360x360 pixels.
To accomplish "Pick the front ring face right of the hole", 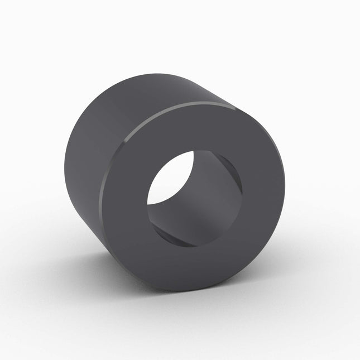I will tap(262, 195).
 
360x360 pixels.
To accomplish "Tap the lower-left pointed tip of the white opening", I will tap(150, 204).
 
